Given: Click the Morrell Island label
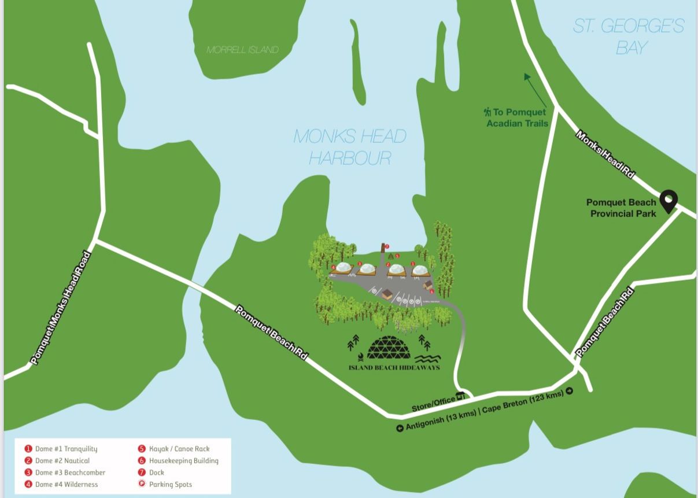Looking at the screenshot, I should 242,50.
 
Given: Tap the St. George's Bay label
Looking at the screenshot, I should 628,36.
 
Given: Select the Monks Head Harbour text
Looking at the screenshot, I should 349,147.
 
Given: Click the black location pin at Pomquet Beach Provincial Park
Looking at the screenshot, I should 669,201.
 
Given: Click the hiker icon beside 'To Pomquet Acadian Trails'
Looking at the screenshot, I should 487,112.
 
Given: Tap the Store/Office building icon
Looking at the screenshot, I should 460,396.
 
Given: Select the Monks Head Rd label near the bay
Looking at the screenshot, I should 605,154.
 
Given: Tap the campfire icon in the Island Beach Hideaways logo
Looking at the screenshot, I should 360,356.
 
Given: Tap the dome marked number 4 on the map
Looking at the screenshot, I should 343,268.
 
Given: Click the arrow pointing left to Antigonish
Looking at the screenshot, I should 399,429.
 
